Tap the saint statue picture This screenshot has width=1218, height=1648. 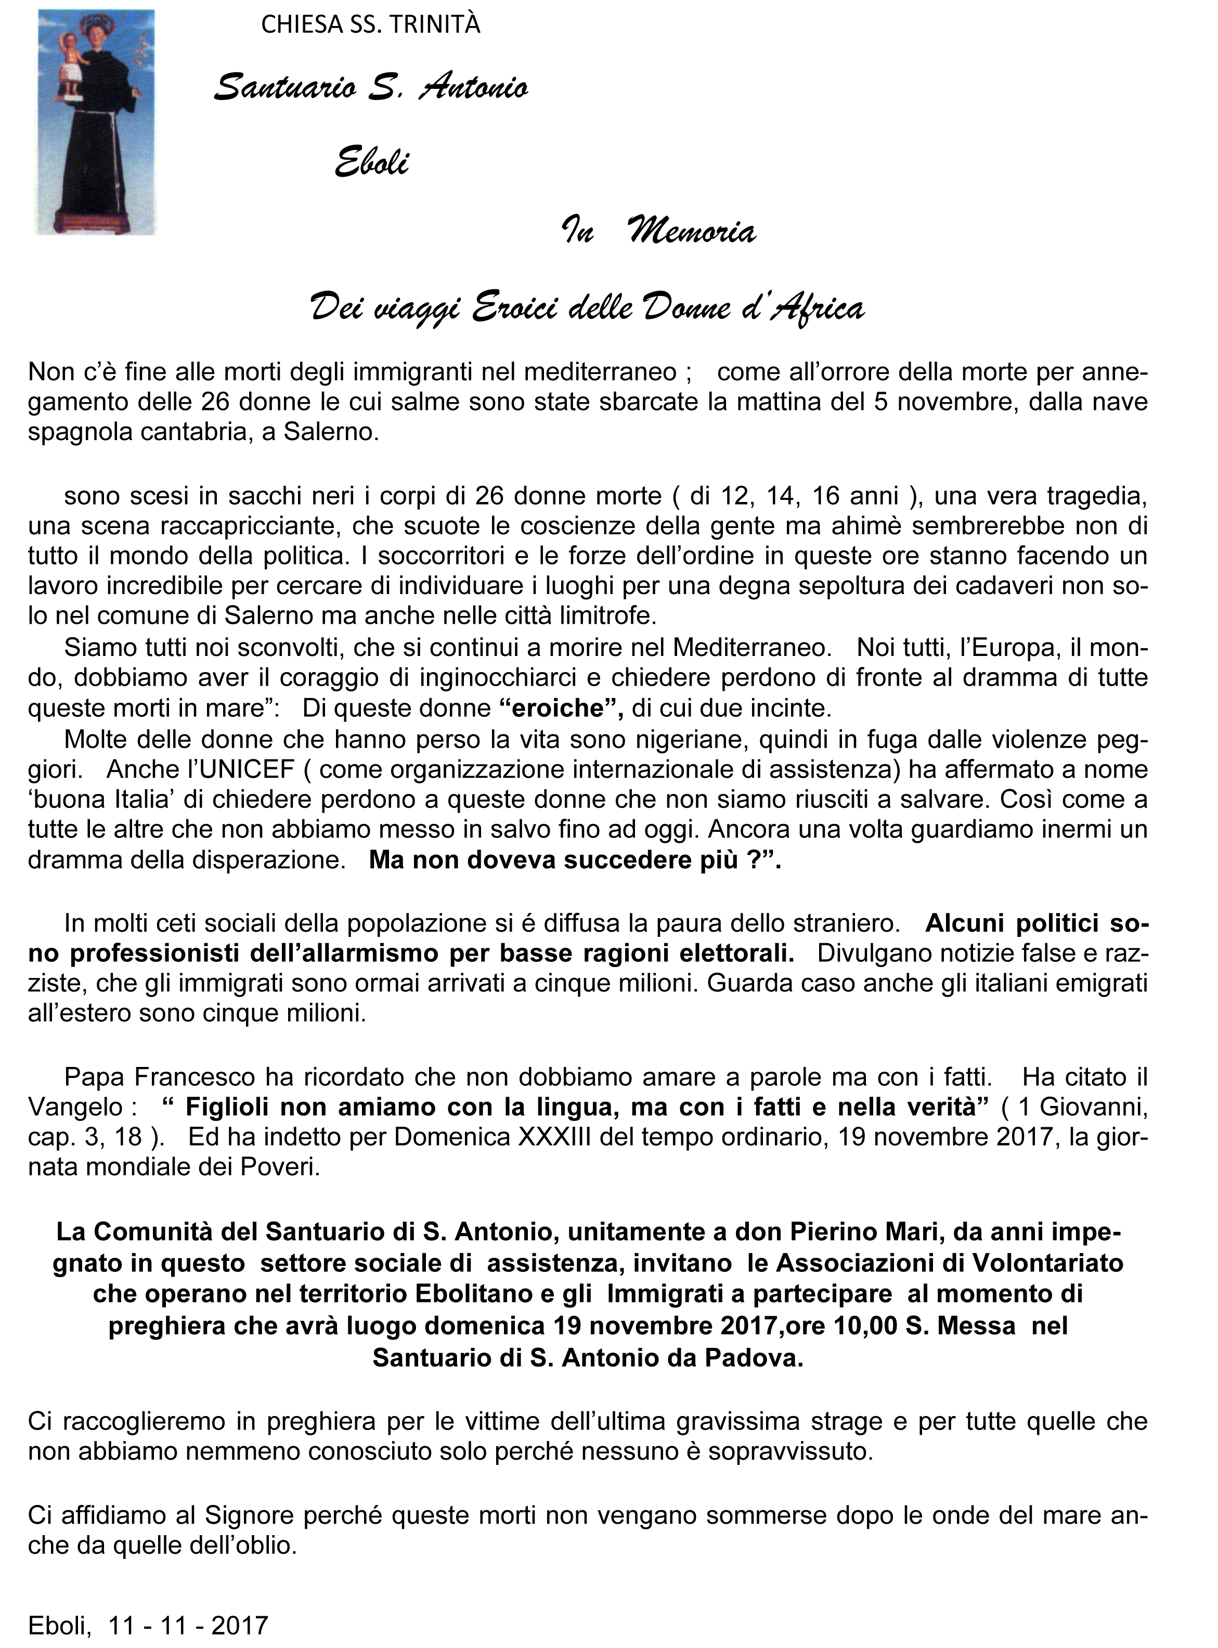95,122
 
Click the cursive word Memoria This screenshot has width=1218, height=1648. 691,232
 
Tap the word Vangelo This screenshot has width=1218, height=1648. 74,1108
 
